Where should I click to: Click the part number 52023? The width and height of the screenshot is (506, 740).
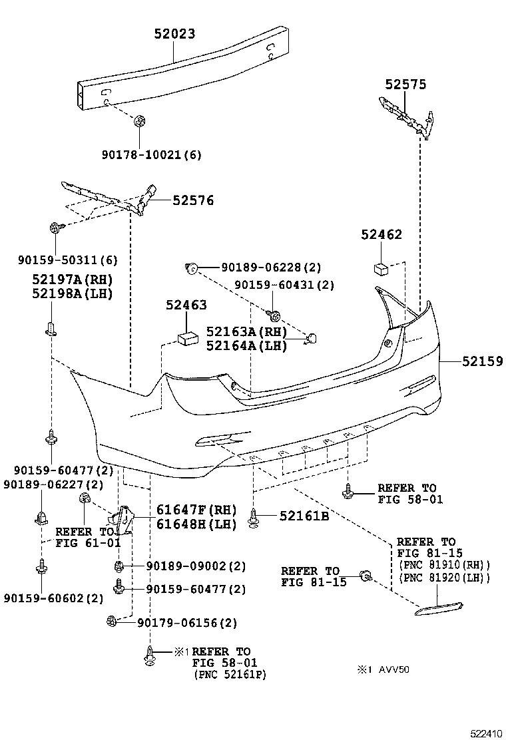[x=171, y=34]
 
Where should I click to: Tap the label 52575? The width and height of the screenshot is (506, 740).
[x=405, y=85]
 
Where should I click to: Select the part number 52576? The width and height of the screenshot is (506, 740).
[x=193, y=200]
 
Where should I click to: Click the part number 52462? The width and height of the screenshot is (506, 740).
[x=381, y=235]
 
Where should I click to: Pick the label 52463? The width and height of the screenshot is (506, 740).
[x=186, y=305]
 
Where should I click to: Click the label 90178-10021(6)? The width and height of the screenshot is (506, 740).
[x=151, y=154]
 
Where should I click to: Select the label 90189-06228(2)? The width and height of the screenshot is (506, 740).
[x=271, y=268]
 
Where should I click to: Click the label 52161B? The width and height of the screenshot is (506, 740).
[x=304, y=515]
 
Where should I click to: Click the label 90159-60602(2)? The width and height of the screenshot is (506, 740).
[x=53, y=598]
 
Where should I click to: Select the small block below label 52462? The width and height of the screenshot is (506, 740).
[x=381, y=268]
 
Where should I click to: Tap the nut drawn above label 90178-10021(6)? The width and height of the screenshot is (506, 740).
[x=140, y=121]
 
